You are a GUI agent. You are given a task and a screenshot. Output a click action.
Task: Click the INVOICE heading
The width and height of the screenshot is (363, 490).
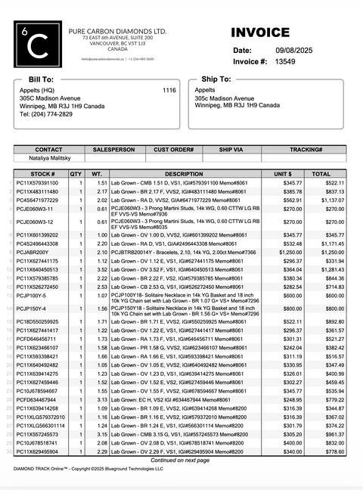click(x=260, y=33)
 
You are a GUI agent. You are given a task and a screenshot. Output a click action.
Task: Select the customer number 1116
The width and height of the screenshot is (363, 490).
click(x=169, y=90)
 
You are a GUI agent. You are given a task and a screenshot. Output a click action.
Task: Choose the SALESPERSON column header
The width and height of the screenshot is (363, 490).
click(x=113, y=149)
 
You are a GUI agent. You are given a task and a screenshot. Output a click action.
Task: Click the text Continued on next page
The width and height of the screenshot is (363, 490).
click(x=181, y=460)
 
